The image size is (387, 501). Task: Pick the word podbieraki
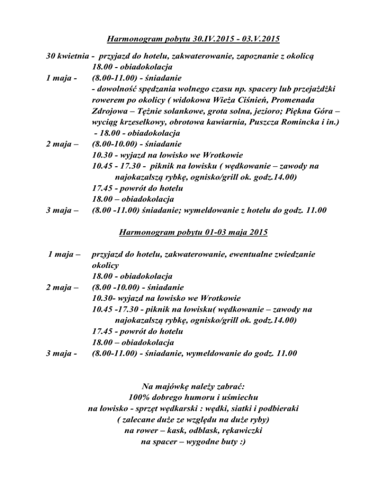coord(281,408)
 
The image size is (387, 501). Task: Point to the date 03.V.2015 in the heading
coord(258,38)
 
